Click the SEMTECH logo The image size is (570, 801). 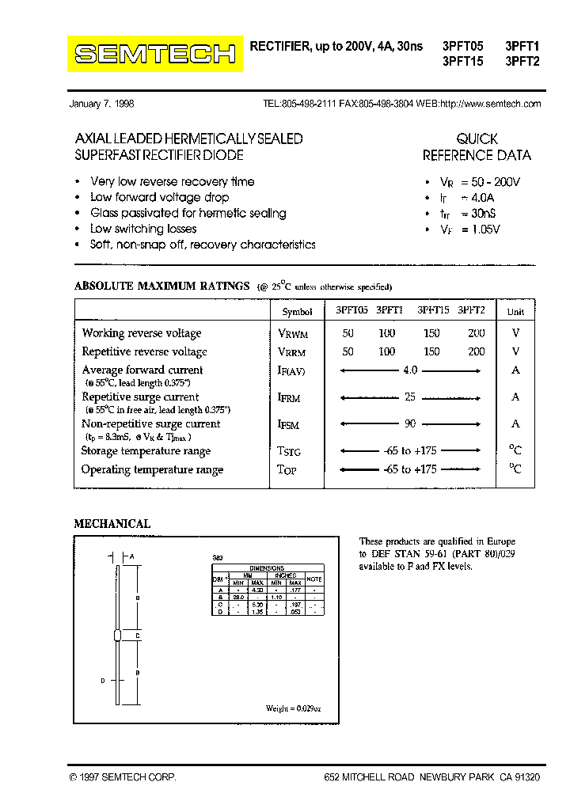tap(155, 53)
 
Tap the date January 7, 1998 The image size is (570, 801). tap(102, 104)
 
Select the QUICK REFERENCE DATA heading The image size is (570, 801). tap(477, 147)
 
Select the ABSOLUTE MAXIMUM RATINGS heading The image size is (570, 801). tap(161, 286)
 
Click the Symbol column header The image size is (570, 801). tap(298, 312)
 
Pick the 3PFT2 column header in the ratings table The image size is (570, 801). tap(471, 311)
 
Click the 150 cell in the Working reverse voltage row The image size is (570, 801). tap(431, 333)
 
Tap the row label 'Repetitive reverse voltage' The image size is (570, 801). tap(145, 352)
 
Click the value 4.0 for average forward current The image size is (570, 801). tap(410, 370)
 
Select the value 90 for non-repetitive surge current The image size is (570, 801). tap(410, 424)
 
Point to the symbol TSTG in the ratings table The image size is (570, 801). tap(289, 451)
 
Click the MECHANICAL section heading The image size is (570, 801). tap(112, 524)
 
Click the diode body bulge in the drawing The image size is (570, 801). tap(117, 635)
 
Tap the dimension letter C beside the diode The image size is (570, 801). tap(138, 636)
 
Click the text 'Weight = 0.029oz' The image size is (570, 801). tap(293, 708)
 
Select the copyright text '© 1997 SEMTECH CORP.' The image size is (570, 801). tap(123, 778)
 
